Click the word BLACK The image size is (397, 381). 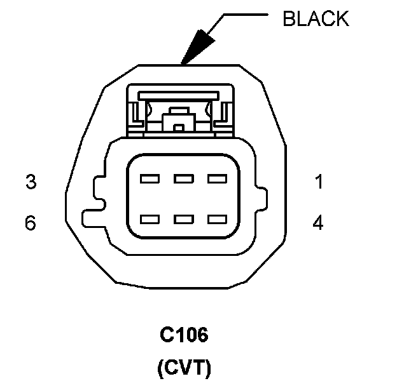[316, 18]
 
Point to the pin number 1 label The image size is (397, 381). [318, 182]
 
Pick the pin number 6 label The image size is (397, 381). [31, 224]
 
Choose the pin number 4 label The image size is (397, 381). [318, 224]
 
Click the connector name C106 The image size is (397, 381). [184, 335]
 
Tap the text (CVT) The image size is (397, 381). [184, 367]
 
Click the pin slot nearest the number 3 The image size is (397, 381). [150, 179]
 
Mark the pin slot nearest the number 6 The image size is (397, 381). [150, 220]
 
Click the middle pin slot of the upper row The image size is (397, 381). [184, 179]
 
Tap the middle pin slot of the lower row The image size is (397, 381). [184, 220]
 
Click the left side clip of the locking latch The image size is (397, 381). [135, 114]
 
